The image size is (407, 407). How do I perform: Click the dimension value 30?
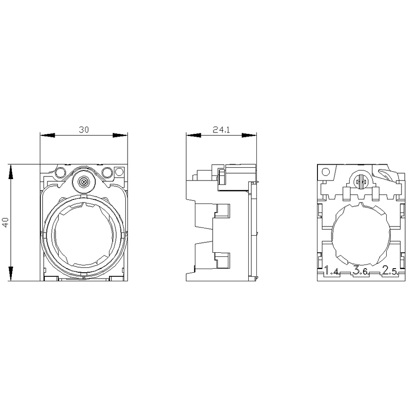[84, 129]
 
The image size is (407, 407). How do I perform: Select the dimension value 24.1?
[222, 129]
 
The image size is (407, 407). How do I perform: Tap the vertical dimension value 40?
[5, 222]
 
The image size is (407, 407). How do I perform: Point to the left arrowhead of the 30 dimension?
[47, 135]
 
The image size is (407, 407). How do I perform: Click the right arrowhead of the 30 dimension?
[120, 135]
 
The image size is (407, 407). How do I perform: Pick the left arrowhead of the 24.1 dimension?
[194, 135]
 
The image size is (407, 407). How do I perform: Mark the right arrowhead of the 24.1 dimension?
[249, 135]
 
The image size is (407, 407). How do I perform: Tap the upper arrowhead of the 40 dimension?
[11, 172]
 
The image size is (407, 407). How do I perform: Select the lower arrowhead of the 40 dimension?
[11, 274]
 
